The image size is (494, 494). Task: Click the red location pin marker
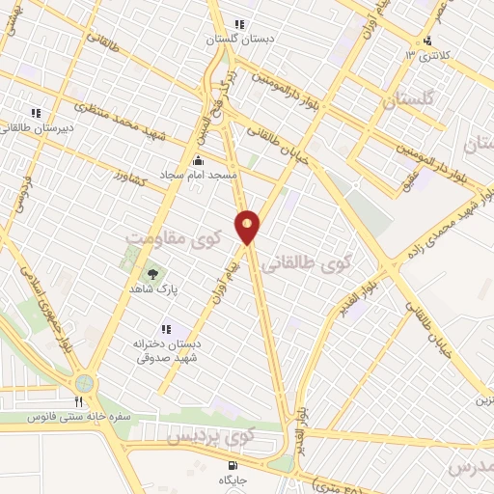coord(248,226)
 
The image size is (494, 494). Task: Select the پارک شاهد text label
coord(151,288)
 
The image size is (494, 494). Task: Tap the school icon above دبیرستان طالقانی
coord(38,113)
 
